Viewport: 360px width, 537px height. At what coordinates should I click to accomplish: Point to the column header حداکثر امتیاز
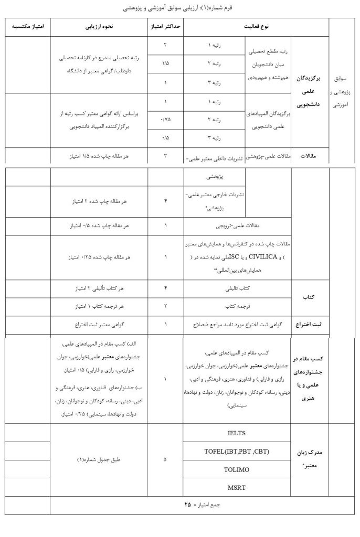166,26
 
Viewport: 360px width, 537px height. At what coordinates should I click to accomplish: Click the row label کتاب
310,297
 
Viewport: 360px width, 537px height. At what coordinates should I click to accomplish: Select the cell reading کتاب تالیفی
237,288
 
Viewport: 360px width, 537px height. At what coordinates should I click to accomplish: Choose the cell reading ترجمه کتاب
237,305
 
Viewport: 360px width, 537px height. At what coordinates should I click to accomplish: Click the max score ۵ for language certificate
166,459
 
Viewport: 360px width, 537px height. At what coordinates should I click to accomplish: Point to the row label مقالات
310,155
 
